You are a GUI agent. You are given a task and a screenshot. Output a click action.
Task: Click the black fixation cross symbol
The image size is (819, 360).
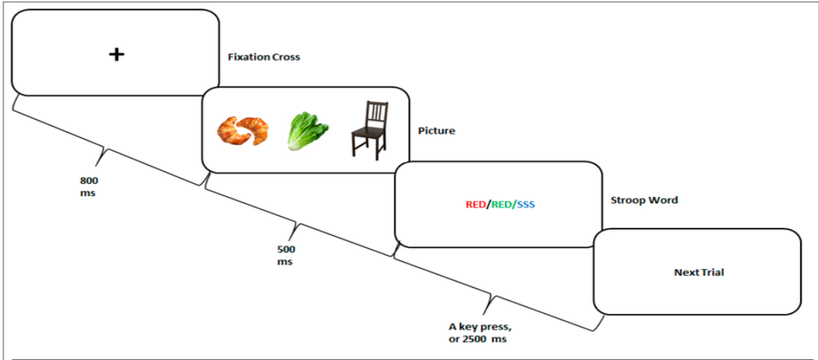[116, 54]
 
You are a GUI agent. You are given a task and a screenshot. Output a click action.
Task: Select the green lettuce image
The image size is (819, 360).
[307, 131]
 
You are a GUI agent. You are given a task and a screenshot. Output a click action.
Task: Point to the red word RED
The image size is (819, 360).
[476, 205]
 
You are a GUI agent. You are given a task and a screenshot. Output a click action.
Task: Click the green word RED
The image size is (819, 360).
[502, 205]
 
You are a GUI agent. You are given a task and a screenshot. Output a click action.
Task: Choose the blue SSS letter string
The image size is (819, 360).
[526, 205]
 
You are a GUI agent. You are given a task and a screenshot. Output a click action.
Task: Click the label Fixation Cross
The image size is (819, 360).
[264, 57]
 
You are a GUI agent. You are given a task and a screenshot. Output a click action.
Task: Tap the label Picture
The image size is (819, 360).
[436, 131]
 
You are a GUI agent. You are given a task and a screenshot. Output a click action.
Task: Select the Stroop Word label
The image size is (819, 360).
[644, 200]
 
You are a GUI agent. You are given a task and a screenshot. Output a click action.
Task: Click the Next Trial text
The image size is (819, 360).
[699, 272]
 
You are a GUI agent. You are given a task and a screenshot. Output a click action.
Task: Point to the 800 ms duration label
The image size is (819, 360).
[89, 187]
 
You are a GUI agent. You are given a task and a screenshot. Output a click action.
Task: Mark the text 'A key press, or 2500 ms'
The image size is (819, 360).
[478, 333]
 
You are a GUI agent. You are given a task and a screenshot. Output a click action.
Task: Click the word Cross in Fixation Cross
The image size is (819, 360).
[286, 57]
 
